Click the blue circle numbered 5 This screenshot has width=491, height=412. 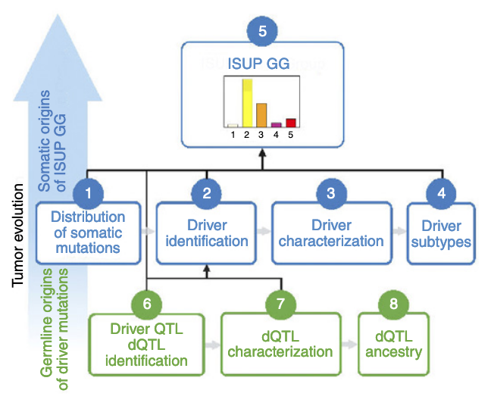pyautogui.click(x=262, y=33)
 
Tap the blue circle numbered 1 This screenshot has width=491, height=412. pyautogui.click(x=88, y=193)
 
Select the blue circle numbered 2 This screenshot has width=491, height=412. pyautogui.click(x=206, y=193)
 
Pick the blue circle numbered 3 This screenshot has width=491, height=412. pyautogui.click(x=331, y=193)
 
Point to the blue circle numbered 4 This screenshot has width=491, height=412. pyautogui.click(x=441, y=193)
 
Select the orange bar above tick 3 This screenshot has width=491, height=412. pyautogui.click(x=261, y=115)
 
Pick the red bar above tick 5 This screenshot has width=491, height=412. pyautogui.click(x=290, y=123)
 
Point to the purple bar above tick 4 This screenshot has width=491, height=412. pyautogui.click(x=276, y=124)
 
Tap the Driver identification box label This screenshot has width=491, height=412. pyautogui.click(x=207, y=233)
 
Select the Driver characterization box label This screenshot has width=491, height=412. pyautogui.click(x=331, y=233)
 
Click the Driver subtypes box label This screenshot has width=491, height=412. pyautogui.click(x=441, y=234)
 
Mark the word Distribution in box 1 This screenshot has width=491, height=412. pyautogui.click(x=88, y=218)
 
